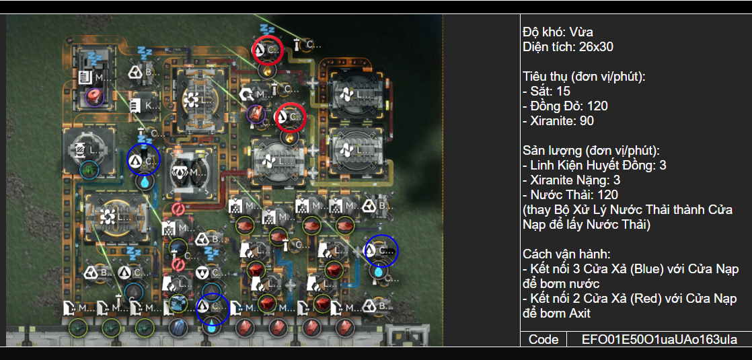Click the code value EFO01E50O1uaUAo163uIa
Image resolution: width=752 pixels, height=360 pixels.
(x=659, y=339)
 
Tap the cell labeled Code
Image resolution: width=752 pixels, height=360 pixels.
(x=543, y=339)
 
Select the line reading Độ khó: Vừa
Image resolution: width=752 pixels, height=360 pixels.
(x=558, y=32)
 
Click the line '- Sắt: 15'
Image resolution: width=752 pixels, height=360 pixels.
(x=546, y=91)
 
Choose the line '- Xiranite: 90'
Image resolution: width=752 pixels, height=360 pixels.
(x=558, y=121)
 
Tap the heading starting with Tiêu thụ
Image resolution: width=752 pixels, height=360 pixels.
(x=584, y=76)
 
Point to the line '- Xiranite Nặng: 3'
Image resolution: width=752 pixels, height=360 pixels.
(x=571, y=180)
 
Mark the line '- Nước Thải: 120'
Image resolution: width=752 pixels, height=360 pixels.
(x=570, y=195)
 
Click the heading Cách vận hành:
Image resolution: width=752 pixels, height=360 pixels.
(x=566, y=254)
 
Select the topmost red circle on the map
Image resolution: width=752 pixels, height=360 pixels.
(x=268, y=50)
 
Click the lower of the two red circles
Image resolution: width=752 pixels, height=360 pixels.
(x=291, y=117)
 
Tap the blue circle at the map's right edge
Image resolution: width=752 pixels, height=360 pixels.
(x=381, y=251)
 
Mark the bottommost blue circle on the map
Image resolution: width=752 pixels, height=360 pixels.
(x=213, y=308)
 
